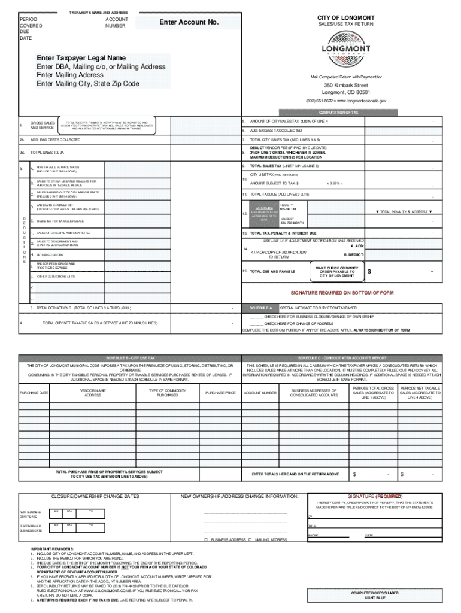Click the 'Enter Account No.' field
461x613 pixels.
pos(189,23)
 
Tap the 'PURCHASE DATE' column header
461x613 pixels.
pos(34,393)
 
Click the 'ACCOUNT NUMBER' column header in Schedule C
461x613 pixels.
pos(260,393)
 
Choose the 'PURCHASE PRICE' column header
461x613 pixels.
pos(220,393)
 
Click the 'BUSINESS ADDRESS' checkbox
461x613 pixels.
pos(206,539)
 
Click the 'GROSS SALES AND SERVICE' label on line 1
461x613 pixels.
pos(43,125)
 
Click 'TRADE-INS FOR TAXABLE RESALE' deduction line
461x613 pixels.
pos(60,221)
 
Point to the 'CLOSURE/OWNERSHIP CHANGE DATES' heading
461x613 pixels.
pos(96,496)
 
